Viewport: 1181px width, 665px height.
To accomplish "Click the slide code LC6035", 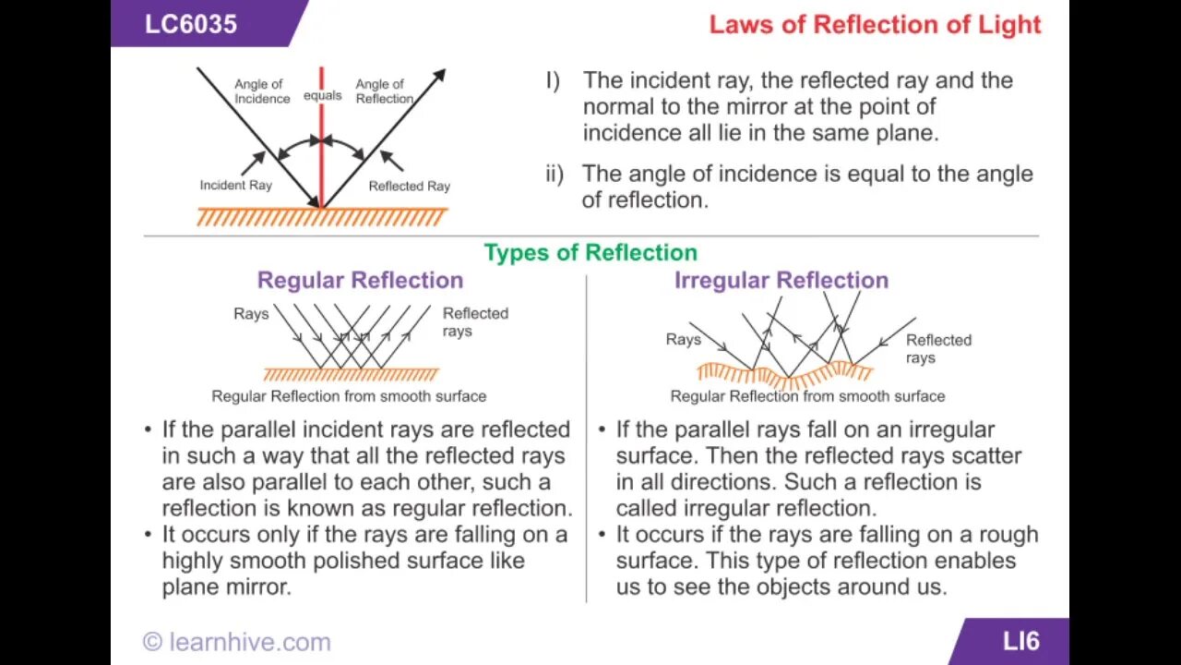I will (x=190, y=23).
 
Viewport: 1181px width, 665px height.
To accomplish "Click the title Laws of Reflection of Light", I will (x=875, y=25).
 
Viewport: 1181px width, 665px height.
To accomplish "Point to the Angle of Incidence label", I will (x=261, y=91).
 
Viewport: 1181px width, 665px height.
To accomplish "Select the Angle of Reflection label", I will (x=383, y=91).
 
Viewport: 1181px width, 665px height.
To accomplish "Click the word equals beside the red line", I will (x=323, y=95).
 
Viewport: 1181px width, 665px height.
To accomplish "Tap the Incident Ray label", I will (x=235, y=185).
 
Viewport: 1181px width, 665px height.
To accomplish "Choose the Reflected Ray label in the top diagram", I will (x=409, y=186).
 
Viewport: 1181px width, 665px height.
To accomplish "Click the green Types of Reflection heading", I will (x=590, y=253).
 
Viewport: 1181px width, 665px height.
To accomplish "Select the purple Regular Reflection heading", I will (x=360, y=280).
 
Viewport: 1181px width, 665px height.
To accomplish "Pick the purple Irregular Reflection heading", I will (x=781, y=280).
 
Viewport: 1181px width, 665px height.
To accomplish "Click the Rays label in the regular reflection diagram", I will (x=251, y=314).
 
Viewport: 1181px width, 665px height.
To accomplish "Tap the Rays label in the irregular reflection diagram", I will (x=683, y=340).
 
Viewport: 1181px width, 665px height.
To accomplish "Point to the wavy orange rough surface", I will (x=784, y=375).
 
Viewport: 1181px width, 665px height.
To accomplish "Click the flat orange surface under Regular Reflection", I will (x=351, y=374).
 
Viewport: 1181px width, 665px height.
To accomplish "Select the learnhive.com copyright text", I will (x=236, y=642).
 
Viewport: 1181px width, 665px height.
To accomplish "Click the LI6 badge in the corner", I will (x=1020, y=641).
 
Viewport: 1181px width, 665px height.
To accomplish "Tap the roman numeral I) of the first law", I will (x=553, y=80).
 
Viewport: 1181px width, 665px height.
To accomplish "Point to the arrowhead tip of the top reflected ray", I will (x=444, y=71).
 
